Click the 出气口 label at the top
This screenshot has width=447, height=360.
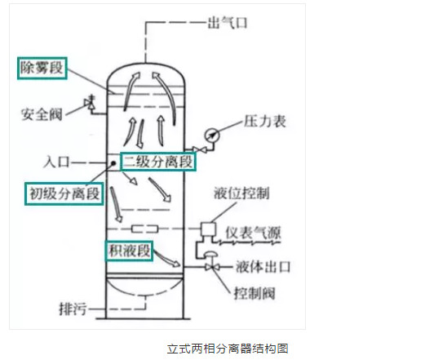228,23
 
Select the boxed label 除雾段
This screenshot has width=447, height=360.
42,69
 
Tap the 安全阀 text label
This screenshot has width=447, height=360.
42,114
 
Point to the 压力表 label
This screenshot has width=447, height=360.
265,121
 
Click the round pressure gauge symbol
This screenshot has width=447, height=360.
212,136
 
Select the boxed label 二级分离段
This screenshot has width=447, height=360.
158,162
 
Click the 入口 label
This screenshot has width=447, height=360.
56,162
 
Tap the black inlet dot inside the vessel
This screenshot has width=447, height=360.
113,163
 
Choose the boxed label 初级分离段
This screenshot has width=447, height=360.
64,193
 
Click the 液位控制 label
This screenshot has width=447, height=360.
241,193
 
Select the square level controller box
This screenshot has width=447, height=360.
208,229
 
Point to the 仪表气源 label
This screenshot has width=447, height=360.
253,233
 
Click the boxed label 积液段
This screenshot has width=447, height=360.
129,251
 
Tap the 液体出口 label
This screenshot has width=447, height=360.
263,267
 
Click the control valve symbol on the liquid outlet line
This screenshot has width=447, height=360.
211,262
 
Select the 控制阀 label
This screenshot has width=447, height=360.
254,293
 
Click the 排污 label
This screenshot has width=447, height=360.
73,309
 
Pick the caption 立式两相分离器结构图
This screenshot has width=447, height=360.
228,349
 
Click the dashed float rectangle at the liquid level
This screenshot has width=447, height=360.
145,229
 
